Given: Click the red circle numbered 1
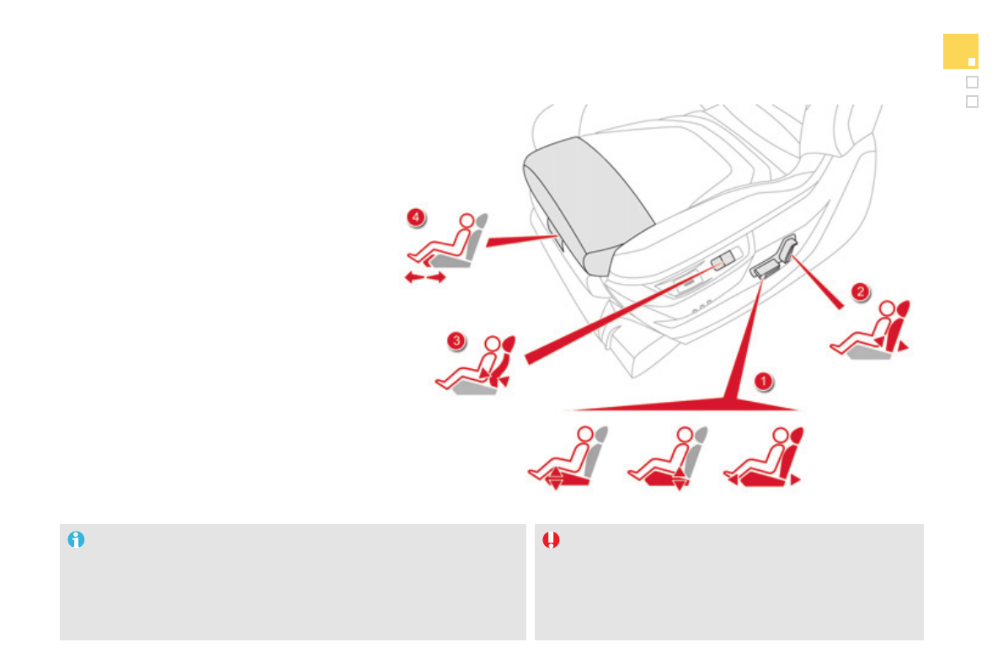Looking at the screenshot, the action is tap(763, 382).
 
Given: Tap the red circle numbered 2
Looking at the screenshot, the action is tap(861, 292).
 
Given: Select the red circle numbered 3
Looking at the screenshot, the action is tap(456, 340).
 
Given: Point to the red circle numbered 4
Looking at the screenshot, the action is tap(416, 217).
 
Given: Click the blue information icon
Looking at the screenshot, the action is tap(76, 540).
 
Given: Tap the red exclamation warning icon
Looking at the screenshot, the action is tap(551, 540).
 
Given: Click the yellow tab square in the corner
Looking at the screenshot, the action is tap(960, 51).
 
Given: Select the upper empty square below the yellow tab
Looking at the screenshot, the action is tap(973, 82).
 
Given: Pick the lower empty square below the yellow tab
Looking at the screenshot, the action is tap(973, 102).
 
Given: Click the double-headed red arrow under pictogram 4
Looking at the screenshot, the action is tap(425, 277).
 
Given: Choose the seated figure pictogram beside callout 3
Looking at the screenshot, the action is tap(475, 364).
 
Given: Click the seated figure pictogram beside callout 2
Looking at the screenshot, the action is tap(870, 329).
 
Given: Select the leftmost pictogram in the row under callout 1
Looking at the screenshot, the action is tap(568, 458).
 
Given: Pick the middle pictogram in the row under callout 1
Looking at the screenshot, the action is tap(667, 458).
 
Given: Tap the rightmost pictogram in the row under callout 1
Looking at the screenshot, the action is tap(763, 458).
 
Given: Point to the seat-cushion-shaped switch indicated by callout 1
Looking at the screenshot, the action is tap(765, 268).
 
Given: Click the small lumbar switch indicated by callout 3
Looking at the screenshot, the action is tap(723, 260).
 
